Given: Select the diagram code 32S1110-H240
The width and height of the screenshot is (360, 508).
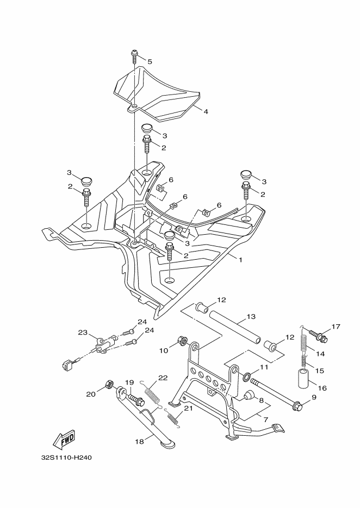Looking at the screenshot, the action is click(x=66, y=458).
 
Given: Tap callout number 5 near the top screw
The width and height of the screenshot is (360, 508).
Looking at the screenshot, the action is click(x=150, y=61).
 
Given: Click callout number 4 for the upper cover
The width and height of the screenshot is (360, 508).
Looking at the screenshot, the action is click(x=206, y=111).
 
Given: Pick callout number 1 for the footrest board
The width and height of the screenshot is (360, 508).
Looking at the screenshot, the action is click(x=240, y=260).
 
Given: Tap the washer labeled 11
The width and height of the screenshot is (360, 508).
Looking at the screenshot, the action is click(x=247, y=377).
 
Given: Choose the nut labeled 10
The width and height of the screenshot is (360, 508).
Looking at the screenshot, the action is click(x=183, y=341).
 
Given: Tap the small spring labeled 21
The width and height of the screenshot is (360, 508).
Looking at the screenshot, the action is click(x=172, y=418).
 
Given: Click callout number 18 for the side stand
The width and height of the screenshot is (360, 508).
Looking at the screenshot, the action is click(x=139, y=441).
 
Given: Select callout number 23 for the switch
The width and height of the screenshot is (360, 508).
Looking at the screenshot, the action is click(x=83, y=333).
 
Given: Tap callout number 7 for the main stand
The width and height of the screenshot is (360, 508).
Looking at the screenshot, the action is click(x=265, y=419).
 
